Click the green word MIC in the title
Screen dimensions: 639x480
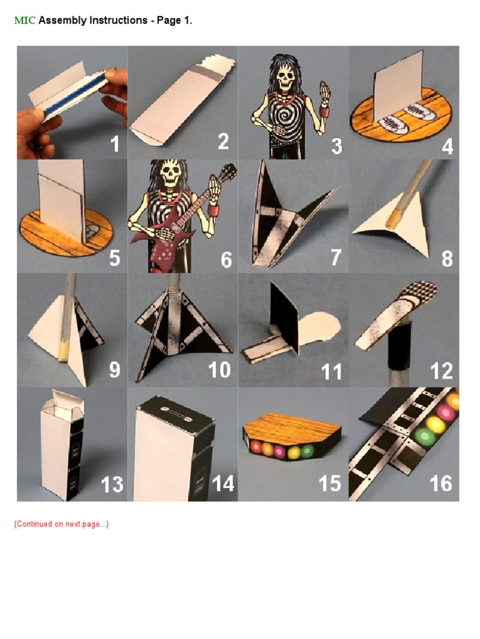point(25,21)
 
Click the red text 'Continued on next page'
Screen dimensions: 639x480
point(61,524)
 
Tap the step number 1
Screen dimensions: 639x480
point(114,145)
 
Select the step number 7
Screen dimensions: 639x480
point(336,257)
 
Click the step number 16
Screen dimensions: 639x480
point(441,484)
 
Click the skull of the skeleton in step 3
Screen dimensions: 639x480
point(286,71)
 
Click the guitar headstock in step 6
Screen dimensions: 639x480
point(229,172)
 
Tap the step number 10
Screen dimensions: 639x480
point(219,371)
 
